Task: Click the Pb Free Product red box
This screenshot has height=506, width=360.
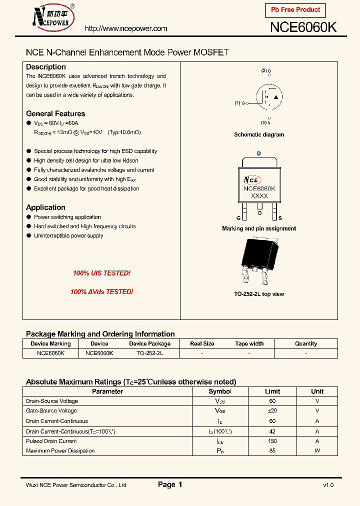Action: point(295,10)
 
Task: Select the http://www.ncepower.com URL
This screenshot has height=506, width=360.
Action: point(126,28)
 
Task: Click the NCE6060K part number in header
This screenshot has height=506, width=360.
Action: point(303,28)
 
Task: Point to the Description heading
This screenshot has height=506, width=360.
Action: point(46,67)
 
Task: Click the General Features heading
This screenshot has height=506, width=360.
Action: point(55,113)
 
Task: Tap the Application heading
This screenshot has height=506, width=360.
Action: point(45,207)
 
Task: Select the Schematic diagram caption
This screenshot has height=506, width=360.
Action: point(259,134)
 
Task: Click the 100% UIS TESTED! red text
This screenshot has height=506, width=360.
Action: point(101,273)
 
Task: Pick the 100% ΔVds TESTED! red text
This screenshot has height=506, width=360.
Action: point(101,291)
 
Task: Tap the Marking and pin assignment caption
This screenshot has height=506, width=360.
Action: point(259,228)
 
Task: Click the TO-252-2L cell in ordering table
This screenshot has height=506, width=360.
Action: point(149,353)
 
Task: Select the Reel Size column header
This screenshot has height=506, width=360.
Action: point(202,343)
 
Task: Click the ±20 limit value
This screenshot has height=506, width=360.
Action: point(272,411)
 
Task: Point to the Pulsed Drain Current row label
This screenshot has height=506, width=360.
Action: point(51,441)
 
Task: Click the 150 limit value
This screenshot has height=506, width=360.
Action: point(272,441)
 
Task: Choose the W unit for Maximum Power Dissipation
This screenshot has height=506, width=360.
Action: point(317,451)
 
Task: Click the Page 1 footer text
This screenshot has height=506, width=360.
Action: point(170,484)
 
